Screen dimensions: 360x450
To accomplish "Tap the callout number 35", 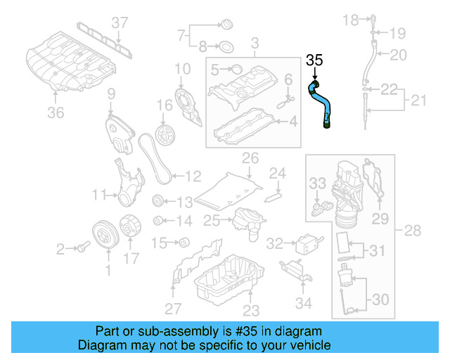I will coord(314,61).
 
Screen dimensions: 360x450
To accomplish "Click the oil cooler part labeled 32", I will coord(304,243).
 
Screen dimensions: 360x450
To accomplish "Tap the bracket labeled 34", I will coord(294,269).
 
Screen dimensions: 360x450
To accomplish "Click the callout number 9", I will coord(110,94).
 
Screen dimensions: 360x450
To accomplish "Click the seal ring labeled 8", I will coord(227,47).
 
